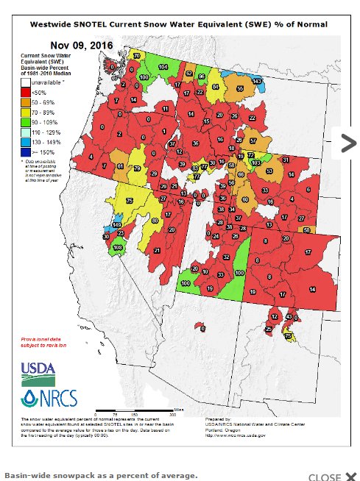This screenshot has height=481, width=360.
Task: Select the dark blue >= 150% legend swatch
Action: (x=25, y=151)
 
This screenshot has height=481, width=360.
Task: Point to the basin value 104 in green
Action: (x=163, y=67)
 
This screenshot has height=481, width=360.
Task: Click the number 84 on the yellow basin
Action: (x=216, y=86)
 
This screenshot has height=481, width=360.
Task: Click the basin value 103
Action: (x=257, y=162)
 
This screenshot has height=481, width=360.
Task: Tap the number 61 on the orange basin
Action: (x=120, y=167)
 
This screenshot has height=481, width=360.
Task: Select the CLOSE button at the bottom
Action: (x=331, y=477)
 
